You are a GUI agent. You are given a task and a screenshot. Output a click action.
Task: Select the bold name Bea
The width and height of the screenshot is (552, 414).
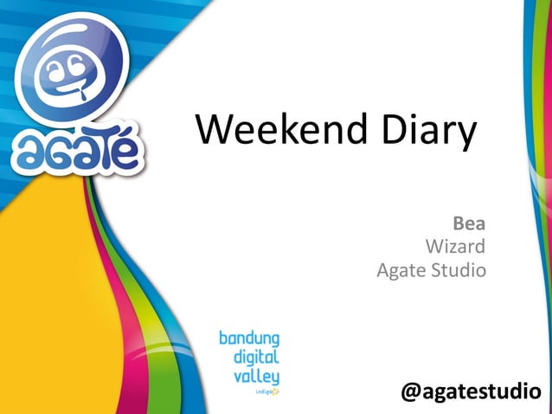click(x=470, y=224)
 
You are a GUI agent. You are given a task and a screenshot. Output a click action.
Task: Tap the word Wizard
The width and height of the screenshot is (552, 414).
click(x=455, y=247)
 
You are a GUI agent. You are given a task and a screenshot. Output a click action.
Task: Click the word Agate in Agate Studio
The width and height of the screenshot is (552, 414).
click(x=401, y=271)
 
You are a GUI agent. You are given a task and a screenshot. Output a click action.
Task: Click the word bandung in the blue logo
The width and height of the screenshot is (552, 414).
click(x=248, y=338)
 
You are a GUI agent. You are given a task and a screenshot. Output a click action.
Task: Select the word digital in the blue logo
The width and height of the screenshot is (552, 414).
click(x=256, y=357)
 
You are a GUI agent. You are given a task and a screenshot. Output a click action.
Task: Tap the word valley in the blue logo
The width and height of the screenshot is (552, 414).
click(x=257, y=376)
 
